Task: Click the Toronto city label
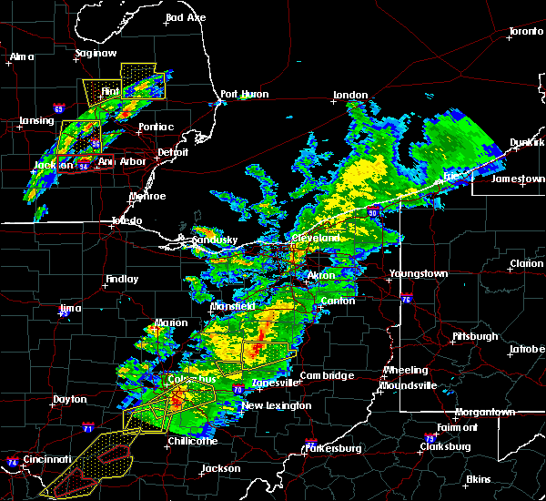coord(525,32)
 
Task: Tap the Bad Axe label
coord(186,18)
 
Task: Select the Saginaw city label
coord(96,54)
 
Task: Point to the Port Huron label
coord(242,95)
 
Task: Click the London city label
coord(350,95)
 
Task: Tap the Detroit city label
coord(172,152)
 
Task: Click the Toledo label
coord(126,221)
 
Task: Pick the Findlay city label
coord(121,280)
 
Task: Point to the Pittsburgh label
coord(475,336)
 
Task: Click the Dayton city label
coord(70,399)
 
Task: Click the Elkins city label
coord(478,479)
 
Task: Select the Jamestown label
coord(517,179)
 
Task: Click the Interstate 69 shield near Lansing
coord(59,109)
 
